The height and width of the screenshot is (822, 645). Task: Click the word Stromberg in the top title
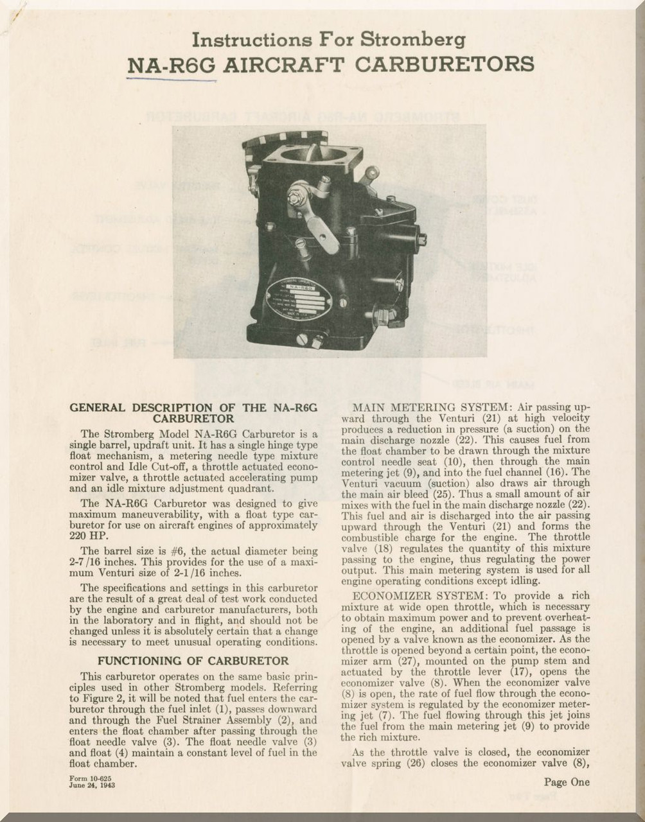(x=412, y=40)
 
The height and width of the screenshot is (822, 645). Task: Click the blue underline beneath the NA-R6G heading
(x=171, y=80)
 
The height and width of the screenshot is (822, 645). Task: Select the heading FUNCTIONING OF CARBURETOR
(x=193, y=660)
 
